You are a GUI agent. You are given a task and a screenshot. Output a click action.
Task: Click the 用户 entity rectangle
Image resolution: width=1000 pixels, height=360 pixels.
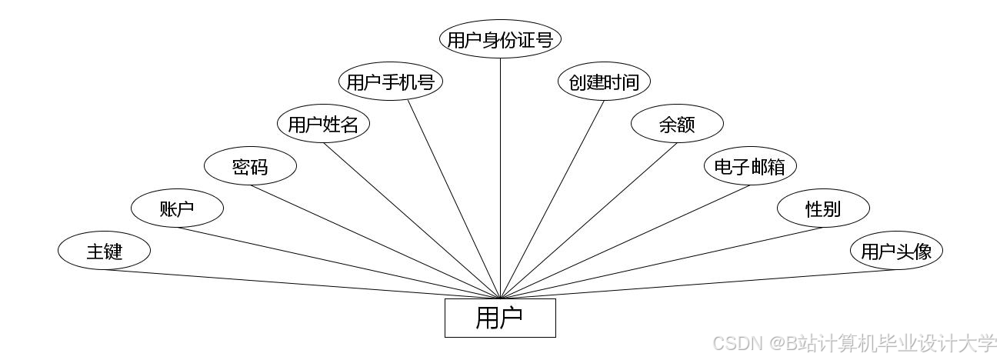tap(500, 318)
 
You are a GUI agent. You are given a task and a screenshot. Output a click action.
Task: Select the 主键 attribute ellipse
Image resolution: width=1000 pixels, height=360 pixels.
tap(104, 251)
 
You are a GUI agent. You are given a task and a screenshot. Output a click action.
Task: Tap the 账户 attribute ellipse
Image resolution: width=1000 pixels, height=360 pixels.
tap(177, 208)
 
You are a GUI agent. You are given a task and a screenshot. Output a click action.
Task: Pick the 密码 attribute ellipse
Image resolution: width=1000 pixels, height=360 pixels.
tap(250, 166)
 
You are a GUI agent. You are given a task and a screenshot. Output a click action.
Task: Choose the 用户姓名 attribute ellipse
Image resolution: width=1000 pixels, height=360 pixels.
tap(323, 124)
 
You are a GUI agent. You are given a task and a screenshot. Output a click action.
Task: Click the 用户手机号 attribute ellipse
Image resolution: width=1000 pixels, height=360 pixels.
tap(391, 82)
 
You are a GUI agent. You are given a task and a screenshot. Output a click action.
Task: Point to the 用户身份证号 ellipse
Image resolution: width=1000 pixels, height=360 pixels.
tap(500, 39)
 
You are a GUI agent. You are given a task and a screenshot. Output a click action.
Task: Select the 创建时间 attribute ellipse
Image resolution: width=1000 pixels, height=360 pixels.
tap(604, 82)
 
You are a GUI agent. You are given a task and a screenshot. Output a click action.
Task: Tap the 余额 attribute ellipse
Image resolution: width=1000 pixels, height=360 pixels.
tap(677, 124)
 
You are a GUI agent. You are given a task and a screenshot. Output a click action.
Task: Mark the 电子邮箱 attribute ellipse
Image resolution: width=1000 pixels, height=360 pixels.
tap(750, 166)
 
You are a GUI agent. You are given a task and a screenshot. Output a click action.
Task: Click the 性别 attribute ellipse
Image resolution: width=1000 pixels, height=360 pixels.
tap(823, 208)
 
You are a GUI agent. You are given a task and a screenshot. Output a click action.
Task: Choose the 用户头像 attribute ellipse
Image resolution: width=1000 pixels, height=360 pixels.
tap(896, 251)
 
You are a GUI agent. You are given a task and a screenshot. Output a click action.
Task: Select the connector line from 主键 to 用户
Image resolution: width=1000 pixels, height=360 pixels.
tap(302, 284)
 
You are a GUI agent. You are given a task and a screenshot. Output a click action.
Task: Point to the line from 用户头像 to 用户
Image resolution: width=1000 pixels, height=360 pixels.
tap(698, 284)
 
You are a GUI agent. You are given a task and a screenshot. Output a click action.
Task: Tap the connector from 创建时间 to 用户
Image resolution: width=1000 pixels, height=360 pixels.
tap(552, 199)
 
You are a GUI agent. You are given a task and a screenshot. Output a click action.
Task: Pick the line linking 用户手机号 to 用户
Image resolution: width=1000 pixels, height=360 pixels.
tap(454, 199)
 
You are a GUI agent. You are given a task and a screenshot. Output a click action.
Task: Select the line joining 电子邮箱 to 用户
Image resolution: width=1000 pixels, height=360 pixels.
tap(625, 242)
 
